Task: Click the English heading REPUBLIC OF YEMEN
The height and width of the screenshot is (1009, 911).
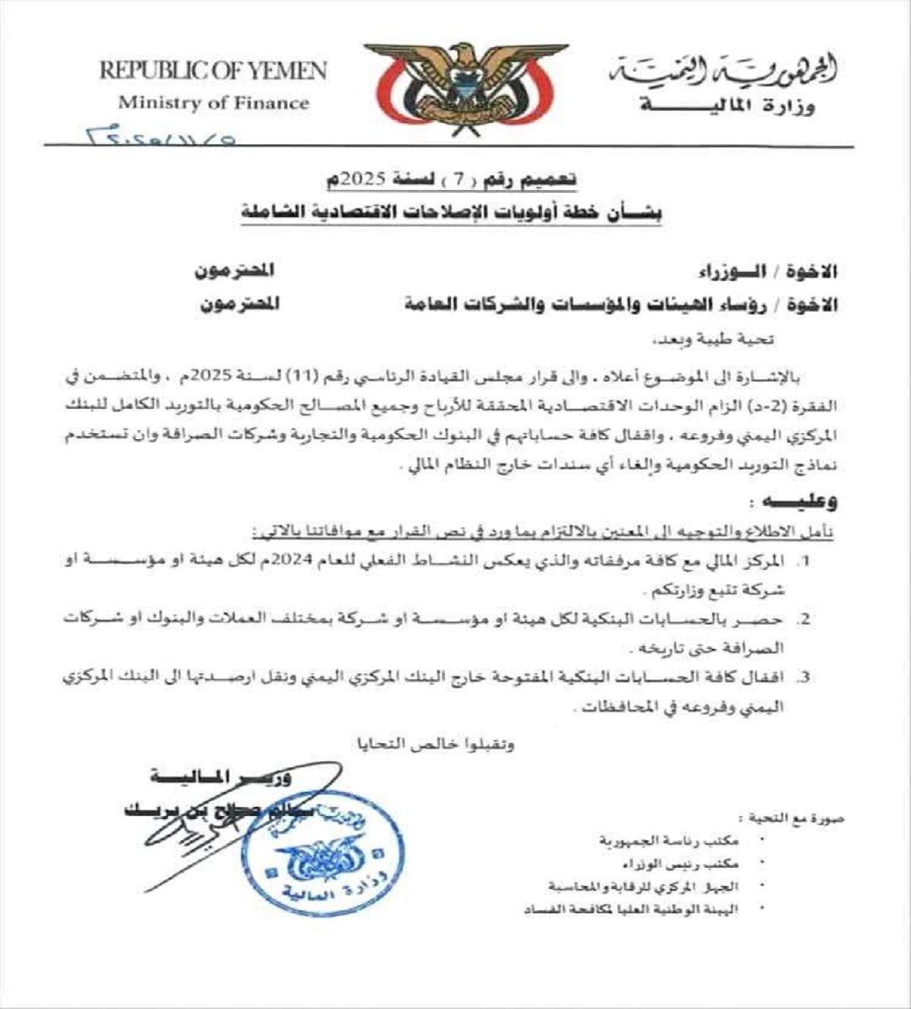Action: coord(213,72)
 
